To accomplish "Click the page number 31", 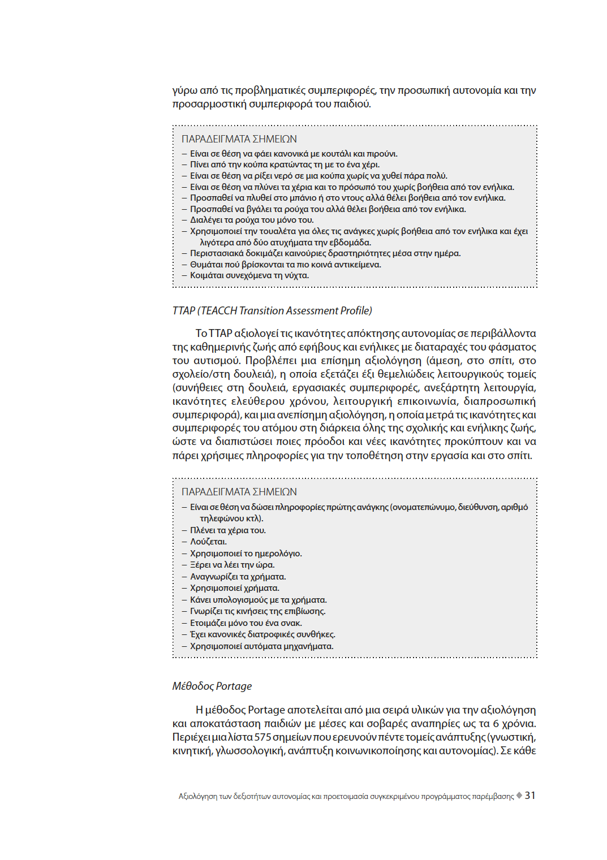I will coord(529,795).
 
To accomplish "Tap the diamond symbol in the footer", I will coord(519,796).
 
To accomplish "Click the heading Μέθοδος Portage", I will coord(212,686).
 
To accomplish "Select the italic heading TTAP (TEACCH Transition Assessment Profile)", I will coord(272,310).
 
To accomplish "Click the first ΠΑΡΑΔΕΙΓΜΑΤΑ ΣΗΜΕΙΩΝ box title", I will coord(239,139).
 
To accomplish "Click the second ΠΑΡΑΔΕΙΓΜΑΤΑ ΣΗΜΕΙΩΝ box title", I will coord(239,492).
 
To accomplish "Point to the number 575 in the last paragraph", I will coord(262,737).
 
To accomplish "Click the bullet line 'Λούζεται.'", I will coord(208,542).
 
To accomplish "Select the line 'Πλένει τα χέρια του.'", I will coord(227,530).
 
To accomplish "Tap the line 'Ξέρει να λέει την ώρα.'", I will coord(232,565).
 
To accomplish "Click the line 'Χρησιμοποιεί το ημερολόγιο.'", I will coord(246,554).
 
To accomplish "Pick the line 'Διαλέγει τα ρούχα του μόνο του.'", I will coord(251,220).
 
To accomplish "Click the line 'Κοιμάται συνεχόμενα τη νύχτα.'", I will coord(249,275).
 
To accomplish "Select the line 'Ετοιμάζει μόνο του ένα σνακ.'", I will coord(246,623).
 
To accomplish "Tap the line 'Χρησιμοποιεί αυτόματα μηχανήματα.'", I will coord(261,646).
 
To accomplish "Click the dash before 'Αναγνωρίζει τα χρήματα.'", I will coord(184,577).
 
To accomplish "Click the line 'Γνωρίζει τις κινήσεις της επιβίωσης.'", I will coord(257,611).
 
